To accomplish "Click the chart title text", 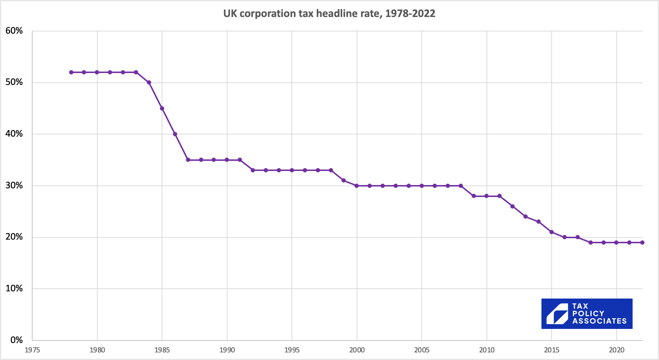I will coord(329,14).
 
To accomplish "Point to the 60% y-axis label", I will coord(14,31).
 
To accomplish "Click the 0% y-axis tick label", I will coord(17,340).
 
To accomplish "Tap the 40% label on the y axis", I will coord(14,134).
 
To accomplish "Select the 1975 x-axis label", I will coord(32,350).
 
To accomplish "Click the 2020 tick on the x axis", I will coord(616,350).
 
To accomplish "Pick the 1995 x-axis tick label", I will coord(292,350).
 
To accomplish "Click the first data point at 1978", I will coord(71,72).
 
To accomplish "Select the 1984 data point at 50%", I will coord(149,82).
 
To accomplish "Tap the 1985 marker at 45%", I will coord(162,108).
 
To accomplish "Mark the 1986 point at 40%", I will coord(175,134).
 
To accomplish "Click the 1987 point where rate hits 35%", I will coord(188,160).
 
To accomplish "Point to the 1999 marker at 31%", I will coord(344,180).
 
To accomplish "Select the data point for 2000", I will coord(357,186).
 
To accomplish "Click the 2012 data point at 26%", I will coord(513,206).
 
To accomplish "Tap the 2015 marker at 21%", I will coord(552,232).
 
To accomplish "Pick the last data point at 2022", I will coord(642,243).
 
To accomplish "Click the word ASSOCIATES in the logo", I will coord(599,321).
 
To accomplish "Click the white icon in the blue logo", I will coord(557,314).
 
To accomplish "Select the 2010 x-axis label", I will coord(486,350).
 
